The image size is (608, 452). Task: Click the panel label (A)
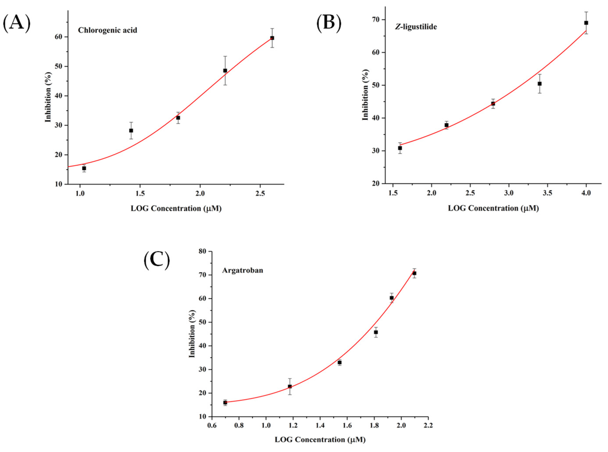16,23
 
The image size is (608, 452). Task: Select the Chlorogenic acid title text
107,30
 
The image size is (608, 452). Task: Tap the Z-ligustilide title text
415,27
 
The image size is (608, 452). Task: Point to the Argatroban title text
242,270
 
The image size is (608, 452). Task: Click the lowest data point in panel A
84,168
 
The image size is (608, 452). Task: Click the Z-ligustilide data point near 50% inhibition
540,84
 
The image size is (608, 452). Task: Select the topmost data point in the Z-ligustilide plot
586,23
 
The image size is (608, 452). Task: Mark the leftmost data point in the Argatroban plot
225,402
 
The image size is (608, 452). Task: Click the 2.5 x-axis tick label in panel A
260,194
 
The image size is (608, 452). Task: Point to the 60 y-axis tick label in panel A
60,37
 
